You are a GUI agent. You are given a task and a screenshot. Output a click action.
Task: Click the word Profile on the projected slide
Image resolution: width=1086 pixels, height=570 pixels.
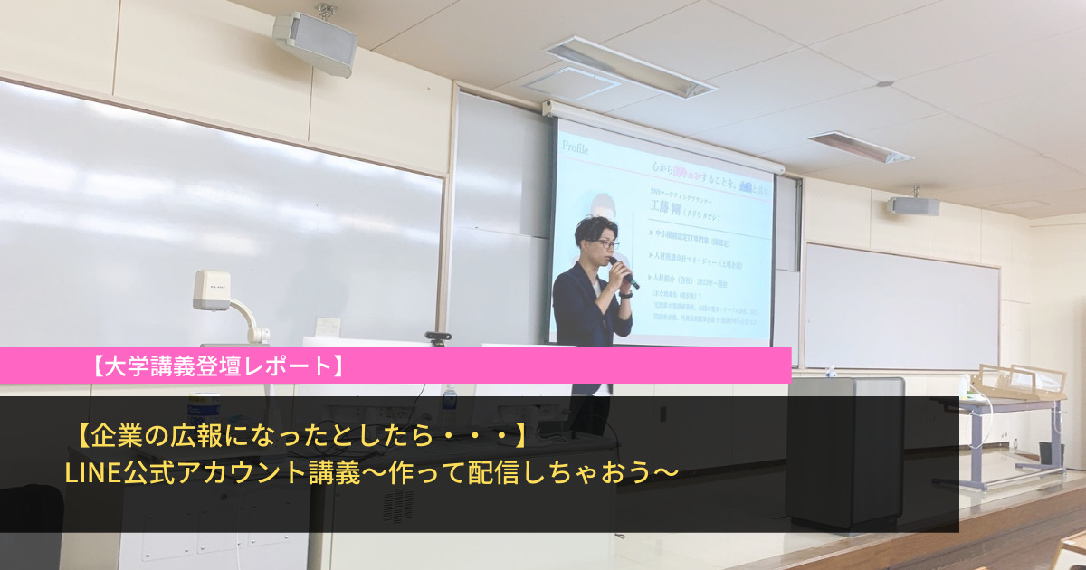[576, 147]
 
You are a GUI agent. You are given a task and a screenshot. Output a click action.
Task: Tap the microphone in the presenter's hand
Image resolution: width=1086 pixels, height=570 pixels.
[624, 272]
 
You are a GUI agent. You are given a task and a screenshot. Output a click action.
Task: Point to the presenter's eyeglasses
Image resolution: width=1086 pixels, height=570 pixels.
[607, 243]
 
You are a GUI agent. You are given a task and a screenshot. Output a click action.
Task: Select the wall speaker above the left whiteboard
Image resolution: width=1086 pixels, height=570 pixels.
[314, 41]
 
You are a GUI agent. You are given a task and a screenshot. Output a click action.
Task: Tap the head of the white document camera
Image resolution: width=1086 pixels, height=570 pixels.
[212, 290]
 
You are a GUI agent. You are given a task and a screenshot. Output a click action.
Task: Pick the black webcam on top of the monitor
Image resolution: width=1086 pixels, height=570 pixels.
[439, 338]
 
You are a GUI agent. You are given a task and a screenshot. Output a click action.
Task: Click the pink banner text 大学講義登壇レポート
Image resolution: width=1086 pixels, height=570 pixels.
[217, 366]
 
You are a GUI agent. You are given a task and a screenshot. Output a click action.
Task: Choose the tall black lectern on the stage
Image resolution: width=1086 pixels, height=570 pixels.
[844, 452]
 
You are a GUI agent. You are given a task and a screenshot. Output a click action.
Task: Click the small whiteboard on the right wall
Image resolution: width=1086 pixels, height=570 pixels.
[900, 306]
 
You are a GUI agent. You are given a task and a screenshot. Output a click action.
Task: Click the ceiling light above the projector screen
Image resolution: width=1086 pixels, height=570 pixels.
[631, 66]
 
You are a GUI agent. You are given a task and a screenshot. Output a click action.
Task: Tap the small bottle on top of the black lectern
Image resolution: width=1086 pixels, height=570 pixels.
[831, 372]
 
